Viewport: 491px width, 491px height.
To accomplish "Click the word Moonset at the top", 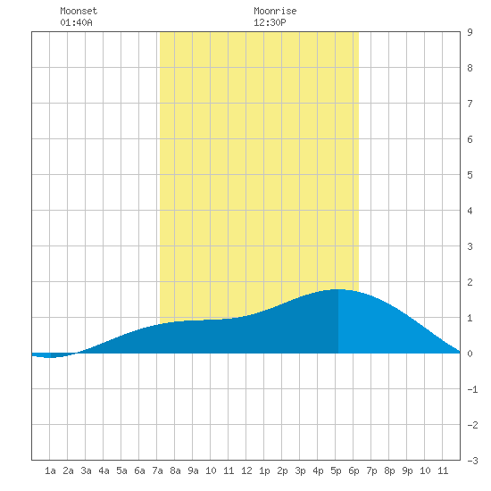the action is [x=79, y=11].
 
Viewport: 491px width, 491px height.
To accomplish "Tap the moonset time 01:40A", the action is [x=76, y=22].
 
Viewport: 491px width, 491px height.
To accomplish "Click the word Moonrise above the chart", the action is [x=275, y=11].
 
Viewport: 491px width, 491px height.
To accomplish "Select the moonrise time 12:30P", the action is [x=270, y=22].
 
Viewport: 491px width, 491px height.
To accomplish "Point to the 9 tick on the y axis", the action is [x=470, y=32].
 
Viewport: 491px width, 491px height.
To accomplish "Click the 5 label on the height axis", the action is [x=470, y=175].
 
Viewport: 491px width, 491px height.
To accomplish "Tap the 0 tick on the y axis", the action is [x=470, y=354].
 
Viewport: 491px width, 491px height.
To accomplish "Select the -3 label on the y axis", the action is [x=472, y=461].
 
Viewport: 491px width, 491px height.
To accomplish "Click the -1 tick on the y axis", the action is [x=472, y=389].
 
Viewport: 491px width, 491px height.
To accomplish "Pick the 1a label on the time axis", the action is [x=50, y=470].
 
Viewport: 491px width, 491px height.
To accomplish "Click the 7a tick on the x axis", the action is [x=157, y=470].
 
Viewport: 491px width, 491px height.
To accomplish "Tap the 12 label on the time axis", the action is [x=246, y=470].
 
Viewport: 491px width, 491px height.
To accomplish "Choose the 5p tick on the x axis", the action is [x=336, y=470].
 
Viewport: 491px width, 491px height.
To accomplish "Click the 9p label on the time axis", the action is [x=407, y=470].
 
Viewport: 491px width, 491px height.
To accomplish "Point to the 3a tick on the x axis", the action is [x=86, y=470].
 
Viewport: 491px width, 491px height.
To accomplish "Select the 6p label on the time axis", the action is [x=354, y=470].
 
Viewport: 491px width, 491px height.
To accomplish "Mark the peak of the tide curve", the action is [x=337, y=289].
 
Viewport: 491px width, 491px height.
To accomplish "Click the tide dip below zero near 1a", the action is [x=49, y=357].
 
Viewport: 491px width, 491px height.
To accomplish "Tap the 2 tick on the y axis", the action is [x=470, y=282].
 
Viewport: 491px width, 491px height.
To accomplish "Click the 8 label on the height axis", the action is [x=470, y=68].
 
